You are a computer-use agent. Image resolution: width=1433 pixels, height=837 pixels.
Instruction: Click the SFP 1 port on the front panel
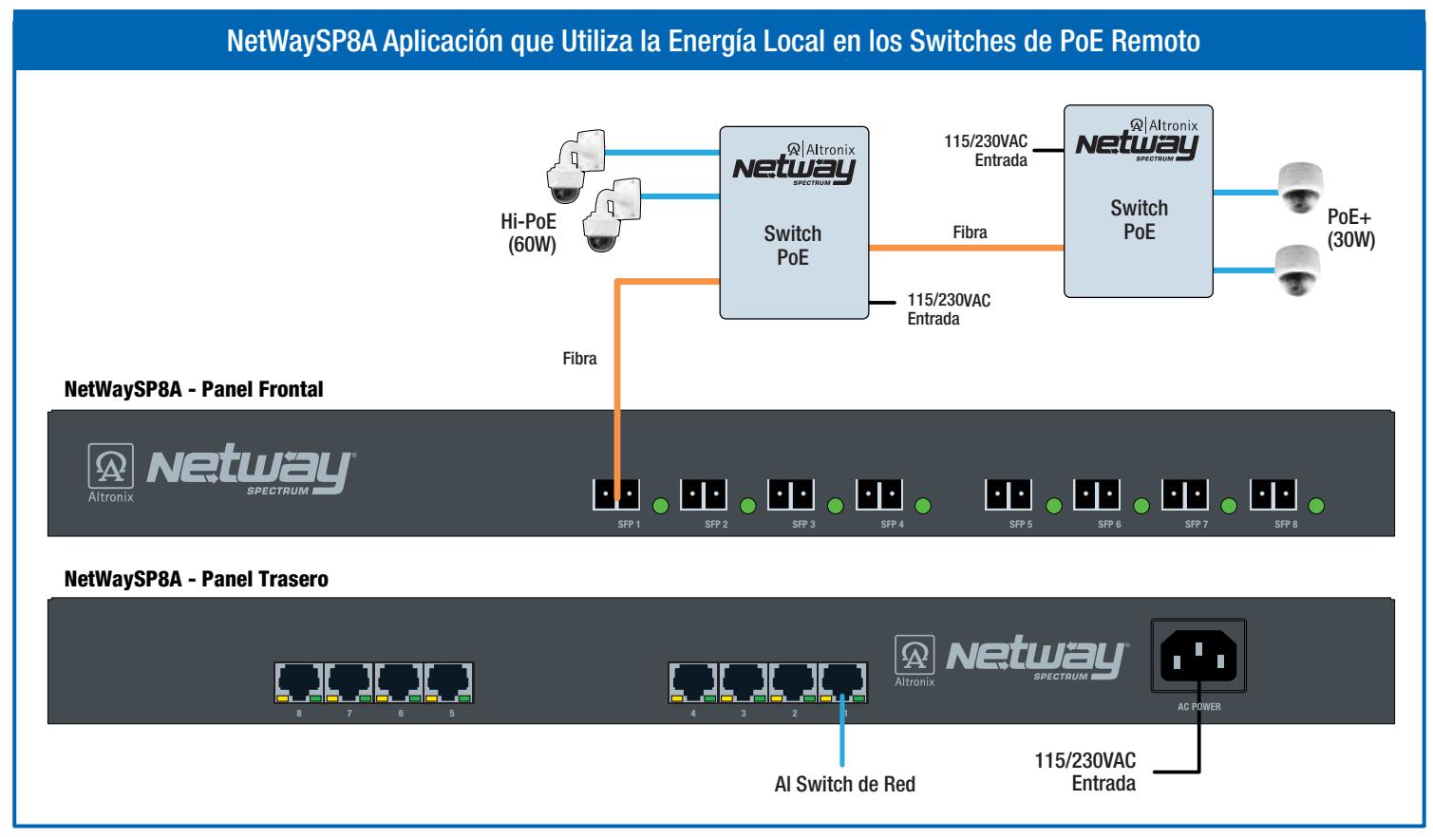(x=616, y=494)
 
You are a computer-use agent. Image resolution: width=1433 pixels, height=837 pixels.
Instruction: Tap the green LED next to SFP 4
(x=922, y=507)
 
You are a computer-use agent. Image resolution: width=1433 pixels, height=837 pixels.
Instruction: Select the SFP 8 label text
(x=1286, y=525)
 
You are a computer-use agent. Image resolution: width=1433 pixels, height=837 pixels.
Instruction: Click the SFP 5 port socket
(x=1009, y=494)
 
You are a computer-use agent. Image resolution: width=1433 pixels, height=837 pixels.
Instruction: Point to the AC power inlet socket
(x=1198, y=656)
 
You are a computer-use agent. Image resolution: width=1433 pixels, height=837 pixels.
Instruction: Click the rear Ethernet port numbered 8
(x=299, y=682)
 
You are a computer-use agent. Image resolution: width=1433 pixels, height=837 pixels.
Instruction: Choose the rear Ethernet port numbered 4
(x=693, y=682)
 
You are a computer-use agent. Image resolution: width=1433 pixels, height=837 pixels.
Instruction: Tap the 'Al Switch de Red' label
(x=844, y=784)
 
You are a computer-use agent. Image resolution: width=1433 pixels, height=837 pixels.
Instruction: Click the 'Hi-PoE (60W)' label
(x=528, y=232)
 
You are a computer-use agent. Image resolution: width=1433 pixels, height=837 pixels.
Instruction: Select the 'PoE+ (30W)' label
(x=1350, y=229)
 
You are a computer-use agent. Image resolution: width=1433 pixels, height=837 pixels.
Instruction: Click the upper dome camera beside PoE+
(x=1300, y=187)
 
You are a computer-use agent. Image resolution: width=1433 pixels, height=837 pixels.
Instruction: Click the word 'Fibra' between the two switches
(x=970, y=232)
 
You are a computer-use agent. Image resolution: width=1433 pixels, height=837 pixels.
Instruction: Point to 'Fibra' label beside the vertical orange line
(x=579, y=358)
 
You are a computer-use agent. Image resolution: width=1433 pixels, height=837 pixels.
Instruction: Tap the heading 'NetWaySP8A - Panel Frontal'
(x=194, y=389)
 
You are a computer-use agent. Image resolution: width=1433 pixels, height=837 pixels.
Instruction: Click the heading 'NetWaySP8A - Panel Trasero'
(x=197, y=579)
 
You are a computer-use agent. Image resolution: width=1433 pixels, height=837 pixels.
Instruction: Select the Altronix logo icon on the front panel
(x=111, y=466)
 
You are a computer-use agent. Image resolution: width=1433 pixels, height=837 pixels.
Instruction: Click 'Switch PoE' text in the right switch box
(x=1139, y=219)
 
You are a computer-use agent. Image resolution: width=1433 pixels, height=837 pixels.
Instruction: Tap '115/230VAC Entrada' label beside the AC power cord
(x=1085, y=772)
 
